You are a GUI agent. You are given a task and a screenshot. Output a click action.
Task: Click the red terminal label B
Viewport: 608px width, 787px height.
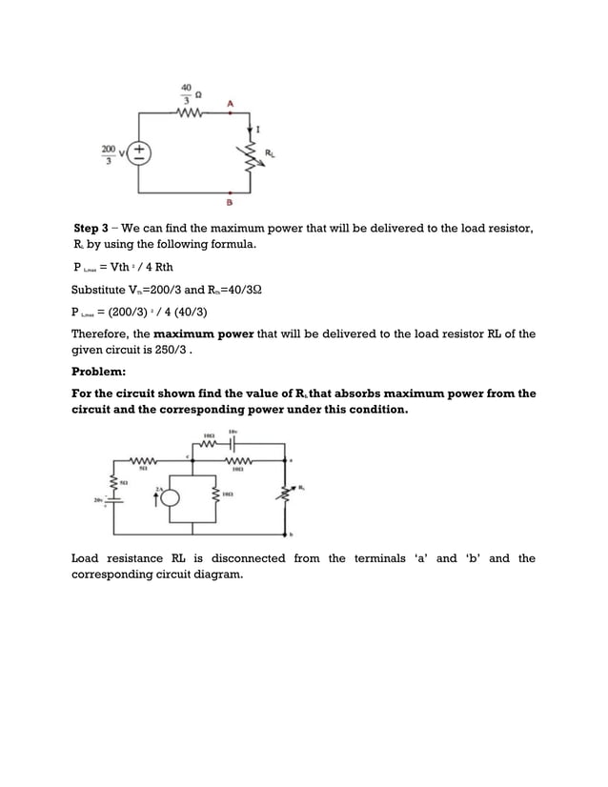tap(231, 203)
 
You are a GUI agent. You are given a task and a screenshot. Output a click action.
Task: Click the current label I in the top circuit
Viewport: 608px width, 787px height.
tap(260, 128)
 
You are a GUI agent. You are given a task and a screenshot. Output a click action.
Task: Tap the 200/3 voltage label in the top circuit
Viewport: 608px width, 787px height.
tap(110, 153)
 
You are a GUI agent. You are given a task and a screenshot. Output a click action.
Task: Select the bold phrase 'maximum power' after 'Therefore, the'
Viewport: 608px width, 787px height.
tap(199, 334)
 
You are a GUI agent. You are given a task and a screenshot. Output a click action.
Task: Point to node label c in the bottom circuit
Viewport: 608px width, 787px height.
tap(189, 458)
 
